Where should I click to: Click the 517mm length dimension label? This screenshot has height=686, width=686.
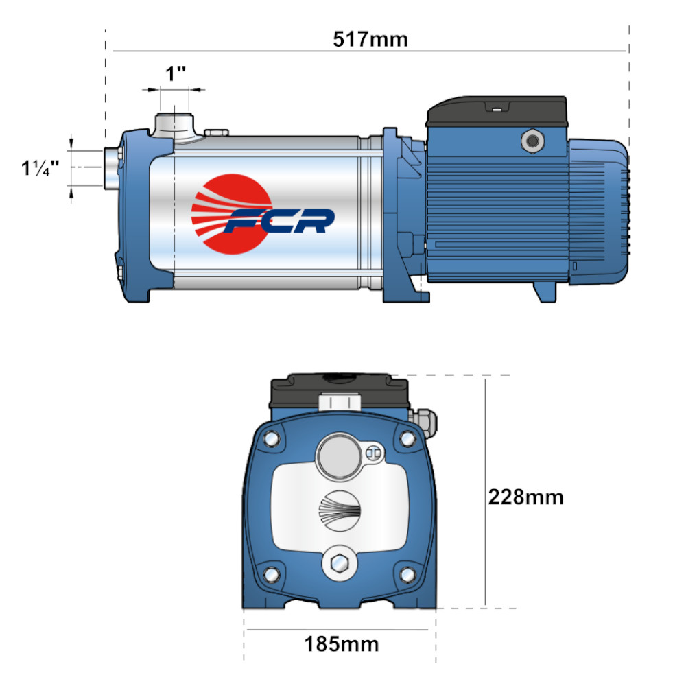click(x=370, y=39)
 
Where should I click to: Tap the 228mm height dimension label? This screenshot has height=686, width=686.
click(x=525, y=497)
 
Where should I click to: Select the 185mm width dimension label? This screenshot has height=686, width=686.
click(x=341, y=644)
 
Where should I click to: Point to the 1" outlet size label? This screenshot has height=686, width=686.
click(x=176, y=73)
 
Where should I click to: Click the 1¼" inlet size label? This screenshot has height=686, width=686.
click(x=40, y=167)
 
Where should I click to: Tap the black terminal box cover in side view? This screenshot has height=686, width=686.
click(x=497, y=112)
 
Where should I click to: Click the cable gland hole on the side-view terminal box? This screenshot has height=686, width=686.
click(x=532, y=141)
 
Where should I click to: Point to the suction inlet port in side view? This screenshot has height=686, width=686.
click(x=112, y=167)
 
